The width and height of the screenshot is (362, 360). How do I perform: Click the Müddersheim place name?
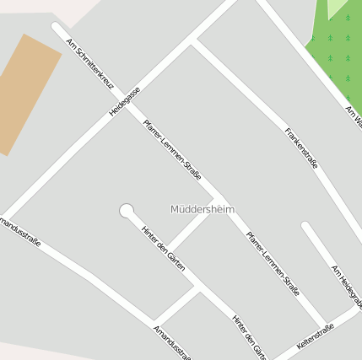203,209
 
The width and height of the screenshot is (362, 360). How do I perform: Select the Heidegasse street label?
124,101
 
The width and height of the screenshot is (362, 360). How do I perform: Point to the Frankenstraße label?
301,148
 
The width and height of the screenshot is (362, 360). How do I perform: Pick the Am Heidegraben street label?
347,287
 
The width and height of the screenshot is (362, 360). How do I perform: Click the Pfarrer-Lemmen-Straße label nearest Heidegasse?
172,149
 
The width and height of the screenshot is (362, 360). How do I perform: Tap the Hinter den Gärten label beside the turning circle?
163,248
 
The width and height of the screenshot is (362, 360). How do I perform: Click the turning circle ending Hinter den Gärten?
127,210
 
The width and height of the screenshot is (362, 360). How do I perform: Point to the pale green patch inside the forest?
338,8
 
